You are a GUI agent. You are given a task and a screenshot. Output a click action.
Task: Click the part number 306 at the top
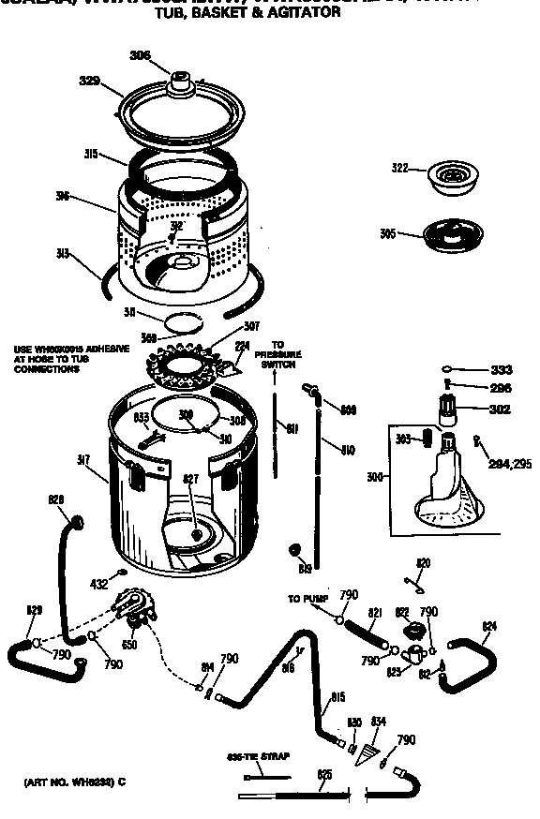[139, 55]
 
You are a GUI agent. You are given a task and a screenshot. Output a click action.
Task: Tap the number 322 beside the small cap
[400, 168]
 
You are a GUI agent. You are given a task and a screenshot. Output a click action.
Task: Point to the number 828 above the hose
[56, 500]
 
